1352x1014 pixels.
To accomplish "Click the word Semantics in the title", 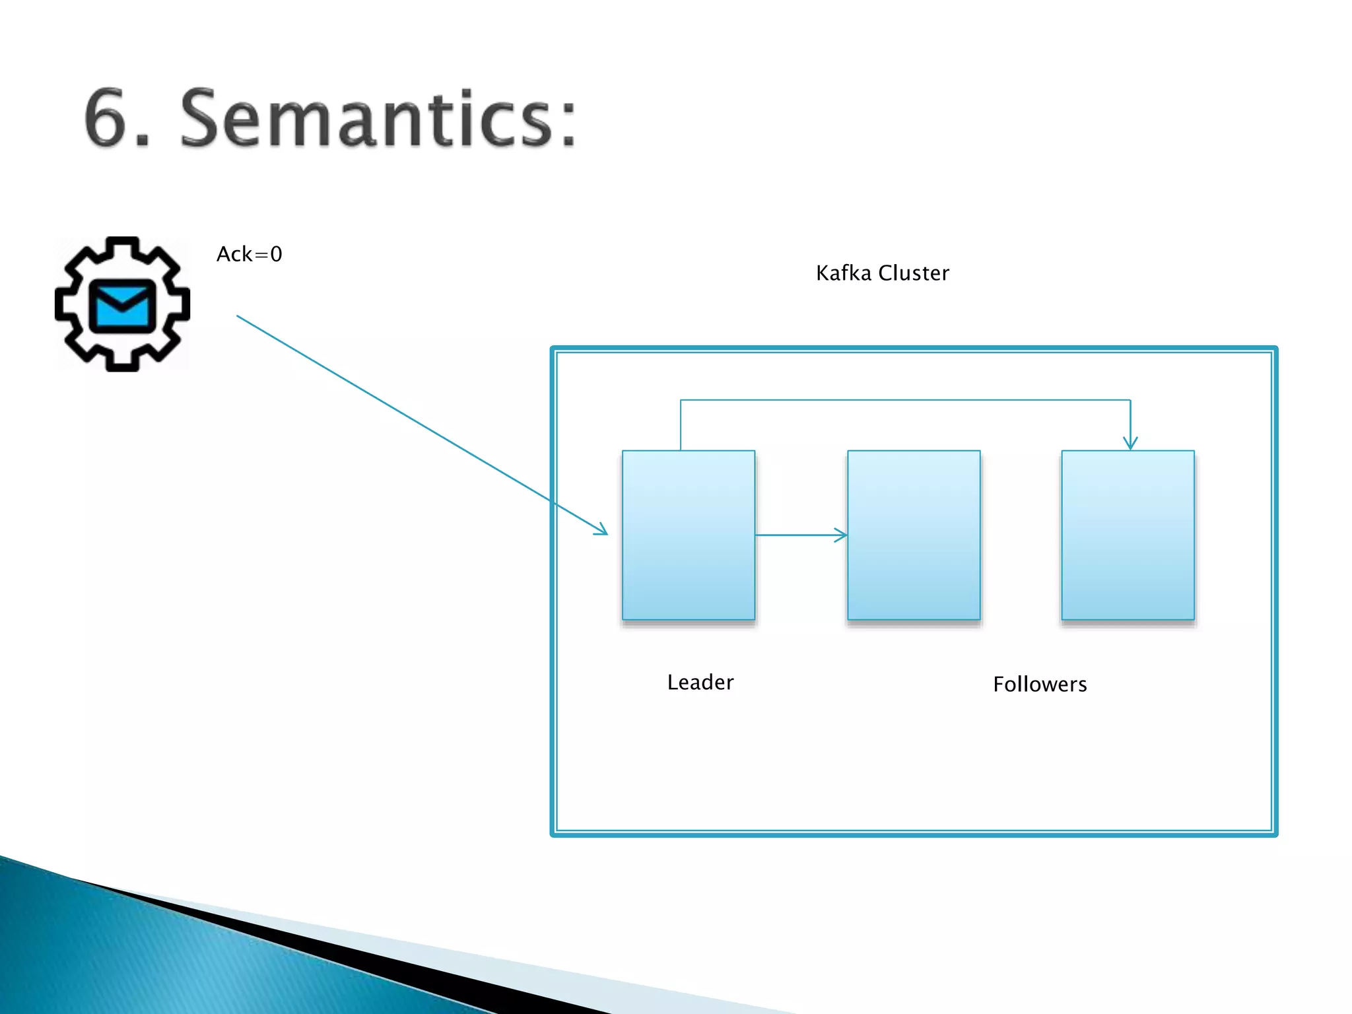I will point(366,119).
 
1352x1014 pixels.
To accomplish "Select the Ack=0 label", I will point(249,254).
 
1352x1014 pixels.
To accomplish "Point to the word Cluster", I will point(914,273).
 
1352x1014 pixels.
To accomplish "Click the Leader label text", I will point(700,682).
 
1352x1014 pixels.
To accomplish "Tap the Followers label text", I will point(1040,684).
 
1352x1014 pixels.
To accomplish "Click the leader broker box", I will point(689,535).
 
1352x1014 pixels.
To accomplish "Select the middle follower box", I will point(914,535).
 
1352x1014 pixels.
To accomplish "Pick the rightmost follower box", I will point(1128,535).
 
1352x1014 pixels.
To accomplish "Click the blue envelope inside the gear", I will point(122,305).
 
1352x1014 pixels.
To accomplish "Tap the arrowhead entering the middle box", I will point(842,535).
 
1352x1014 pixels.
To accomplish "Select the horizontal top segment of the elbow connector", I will point(904,400).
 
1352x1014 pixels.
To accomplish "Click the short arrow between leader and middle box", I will point(799,535).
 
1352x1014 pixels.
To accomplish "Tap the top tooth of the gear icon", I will point(122,248).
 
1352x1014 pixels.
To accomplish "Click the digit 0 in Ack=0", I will point(276,254).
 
